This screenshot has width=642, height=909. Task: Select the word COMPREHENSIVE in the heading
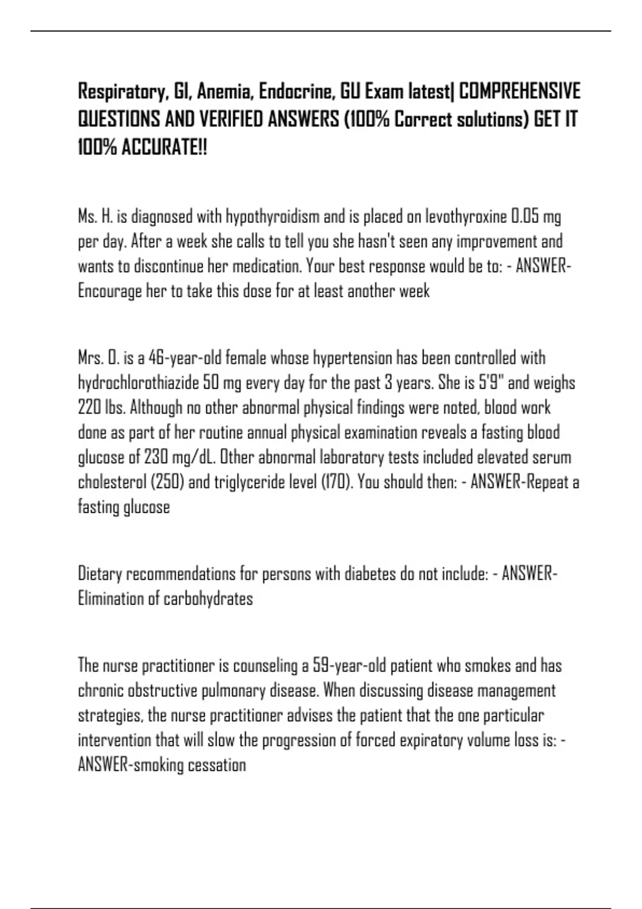pos(519,92)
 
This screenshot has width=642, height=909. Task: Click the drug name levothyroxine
pos(465,217)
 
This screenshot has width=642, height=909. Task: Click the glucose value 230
pos(156,457)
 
